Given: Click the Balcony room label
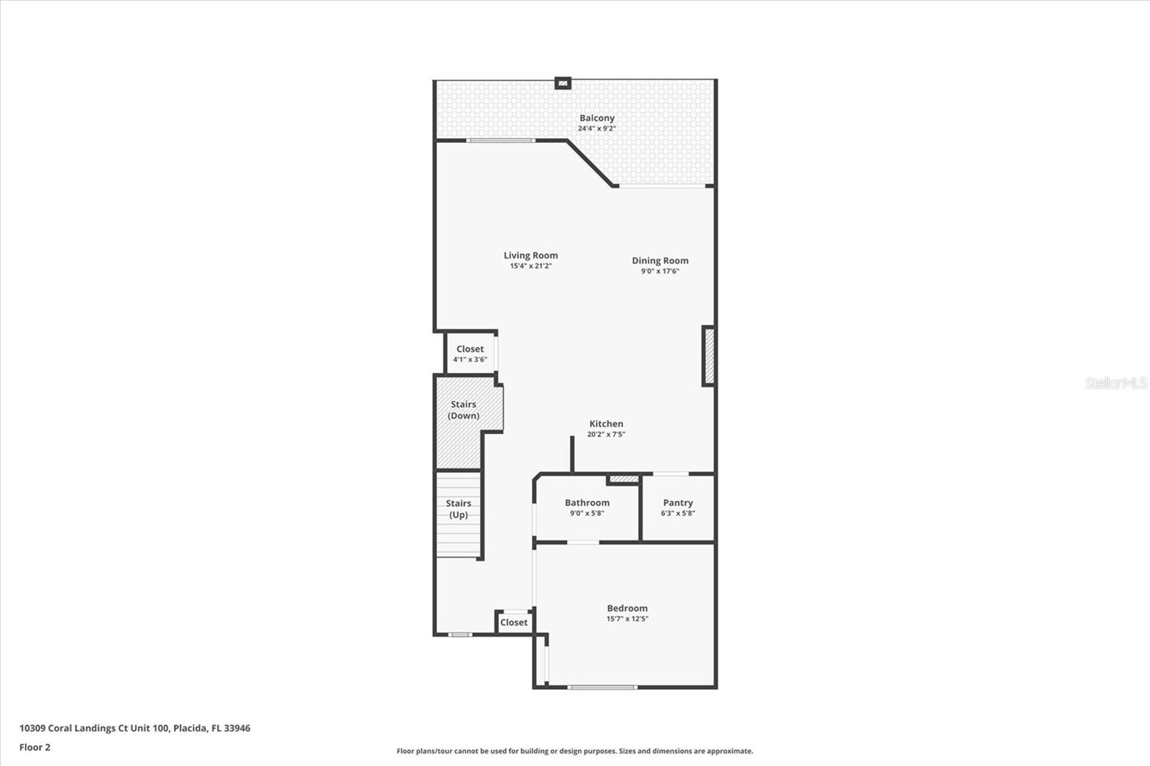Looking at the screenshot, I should pos(597,118).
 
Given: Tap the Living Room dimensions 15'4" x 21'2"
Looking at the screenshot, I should pos(530,266).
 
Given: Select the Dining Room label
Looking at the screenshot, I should pos(660,261).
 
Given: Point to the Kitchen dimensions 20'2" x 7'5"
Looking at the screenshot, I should pos(606,434).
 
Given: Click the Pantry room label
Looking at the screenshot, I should pos(678,503).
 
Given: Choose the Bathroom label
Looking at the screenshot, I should pos(586,503).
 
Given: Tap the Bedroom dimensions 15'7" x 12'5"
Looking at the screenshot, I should pos(627,619).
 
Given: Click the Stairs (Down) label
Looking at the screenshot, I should pos(464,410).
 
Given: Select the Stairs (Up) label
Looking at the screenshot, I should pos(459,509).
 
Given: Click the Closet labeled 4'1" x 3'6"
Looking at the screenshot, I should pos(470,354).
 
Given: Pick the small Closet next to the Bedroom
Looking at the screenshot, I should pos(513,622).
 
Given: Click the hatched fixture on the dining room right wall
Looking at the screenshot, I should pos(708,356).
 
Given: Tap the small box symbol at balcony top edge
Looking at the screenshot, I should pos(563,83).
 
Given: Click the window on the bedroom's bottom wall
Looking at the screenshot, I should pos(602,688).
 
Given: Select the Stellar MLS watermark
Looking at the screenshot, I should pos(1115,383).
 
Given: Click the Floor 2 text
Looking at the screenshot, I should pos(34,747).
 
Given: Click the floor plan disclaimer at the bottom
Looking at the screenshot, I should pos(575,751).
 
